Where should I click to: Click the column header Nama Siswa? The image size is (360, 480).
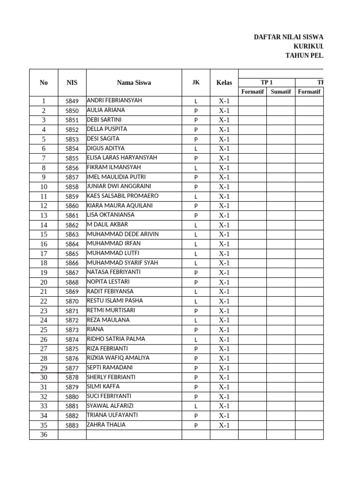tap(134, 82)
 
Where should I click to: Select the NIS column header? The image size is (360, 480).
tap(72, 82)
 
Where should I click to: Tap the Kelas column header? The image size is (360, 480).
tap(224, 82)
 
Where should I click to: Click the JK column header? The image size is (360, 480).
tap(195, 82)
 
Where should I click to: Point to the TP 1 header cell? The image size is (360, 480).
tap(266, 82)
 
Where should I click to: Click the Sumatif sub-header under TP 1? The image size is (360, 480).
tap(280, 91)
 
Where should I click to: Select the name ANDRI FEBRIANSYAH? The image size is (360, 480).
tap(114, 100)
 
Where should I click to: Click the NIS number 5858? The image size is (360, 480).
tap(72, 187)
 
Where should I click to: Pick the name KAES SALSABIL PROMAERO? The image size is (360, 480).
tap(123, 196)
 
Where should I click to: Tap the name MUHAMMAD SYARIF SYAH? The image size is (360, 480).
tap(122, 262)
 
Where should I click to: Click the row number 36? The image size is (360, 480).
tap(44, 435)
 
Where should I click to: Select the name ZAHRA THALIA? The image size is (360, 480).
tap(106, 425)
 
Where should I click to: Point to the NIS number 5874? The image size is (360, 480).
tap(72, 339)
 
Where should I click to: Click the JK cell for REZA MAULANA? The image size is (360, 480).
tap(196, 321)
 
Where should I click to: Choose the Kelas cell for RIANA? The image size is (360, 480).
tap(224, 330)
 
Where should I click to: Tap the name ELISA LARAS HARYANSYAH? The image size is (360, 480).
tap(122, 157)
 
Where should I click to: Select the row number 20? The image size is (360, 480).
tap(44, 282)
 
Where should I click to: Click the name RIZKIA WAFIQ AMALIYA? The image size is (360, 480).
tap(118, 358)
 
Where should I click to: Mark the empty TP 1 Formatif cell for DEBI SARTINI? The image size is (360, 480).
tap(252, 120)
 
